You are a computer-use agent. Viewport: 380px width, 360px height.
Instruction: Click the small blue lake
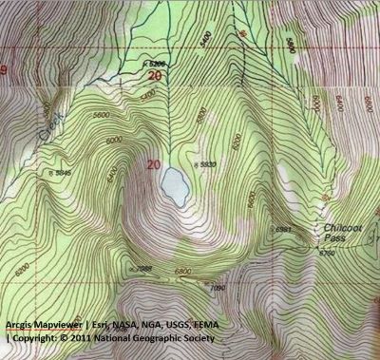click(x=173, y=186)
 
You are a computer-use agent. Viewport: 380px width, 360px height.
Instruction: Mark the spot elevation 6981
click(x=282, y=231)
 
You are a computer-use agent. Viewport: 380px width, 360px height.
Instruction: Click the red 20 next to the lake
click(x=155, y=164)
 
